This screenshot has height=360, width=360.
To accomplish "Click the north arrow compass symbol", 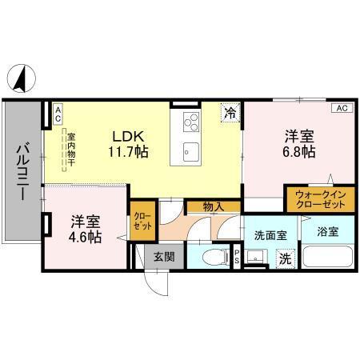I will click(22, 78).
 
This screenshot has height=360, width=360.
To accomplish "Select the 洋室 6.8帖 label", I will click(298, 142).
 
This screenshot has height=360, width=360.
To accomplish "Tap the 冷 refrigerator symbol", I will click(230, 114).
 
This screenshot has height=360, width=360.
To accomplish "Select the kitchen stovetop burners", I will click(192, 122).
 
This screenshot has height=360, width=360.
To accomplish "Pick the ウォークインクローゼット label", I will click(320, 198).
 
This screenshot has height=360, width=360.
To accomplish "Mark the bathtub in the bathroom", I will click(328, 258).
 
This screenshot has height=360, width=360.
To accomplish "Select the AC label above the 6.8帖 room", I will click(340, 107).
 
